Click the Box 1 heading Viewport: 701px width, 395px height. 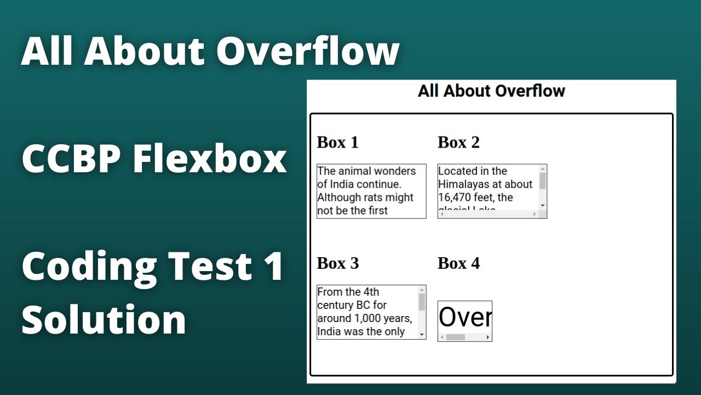pos(337,143)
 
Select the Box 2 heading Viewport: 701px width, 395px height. pos(458,143)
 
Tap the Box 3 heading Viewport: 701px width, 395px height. pos(337,263)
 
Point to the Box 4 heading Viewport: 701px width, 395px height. pos(458,263)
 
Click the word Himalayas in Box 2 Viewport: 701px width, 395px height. pos(465,184)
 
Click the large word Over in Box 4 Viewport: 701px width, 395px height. pos(465,317)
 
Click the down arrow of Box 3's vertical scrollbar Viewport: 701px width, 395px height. pos(422,334)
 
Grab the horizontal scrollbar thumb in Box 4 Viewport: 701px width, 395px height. pos(456,337)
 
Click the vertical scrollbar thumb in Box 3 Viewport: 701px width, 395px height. pos(422,302)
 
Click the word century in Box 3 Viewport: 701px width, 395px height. pos(335,305)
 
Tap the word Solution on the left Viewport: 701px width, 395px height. pos(104,319)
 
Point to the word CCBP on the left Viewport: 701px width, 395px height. pos(71,159)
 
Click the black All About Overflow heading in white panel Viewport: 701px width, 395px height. pos(491,91)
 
